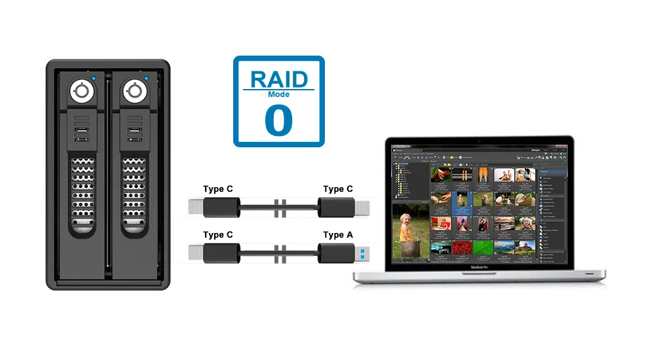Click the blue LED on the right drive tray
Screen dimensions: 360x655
pos(146,79)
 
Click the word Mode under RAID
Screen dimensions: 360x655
pos(279,94)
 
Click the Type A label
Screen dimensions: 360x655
pos(338,235)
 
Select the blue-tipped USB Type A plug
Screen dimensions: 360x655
pos(361,252)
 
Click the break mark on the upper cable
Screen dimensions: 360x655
pos(281,207)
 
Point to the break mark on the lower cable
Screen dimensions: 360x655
pos(281,253)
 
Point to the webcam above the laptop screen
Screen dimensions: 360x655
pos(479,140)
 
